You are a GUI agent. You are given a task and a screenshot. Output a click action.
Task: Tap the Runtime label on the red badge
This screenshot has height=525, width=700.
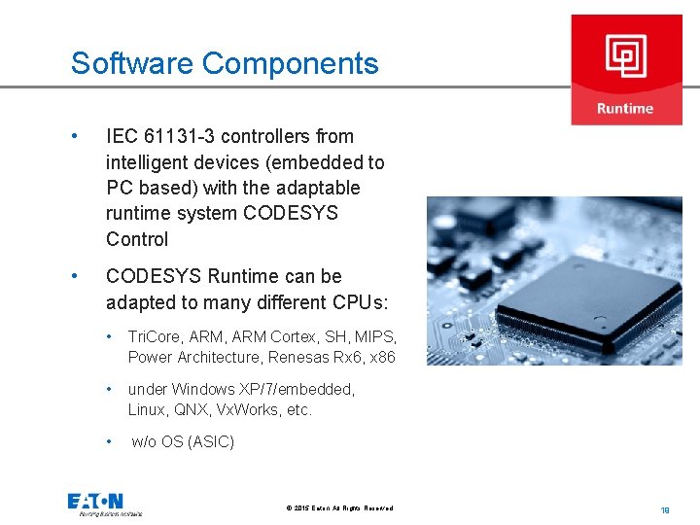pos(625,108)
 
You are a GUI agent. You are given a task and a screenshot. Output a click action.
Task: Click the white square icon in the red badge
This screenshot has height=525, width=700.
pos(625,56)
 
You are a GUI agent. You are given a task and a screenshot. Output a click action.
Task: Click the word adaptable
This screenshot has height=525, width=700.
pos(314,188)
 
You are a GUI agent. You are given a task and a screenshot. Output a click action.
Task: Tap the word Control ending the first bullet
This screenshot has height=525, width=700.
pos(137,239)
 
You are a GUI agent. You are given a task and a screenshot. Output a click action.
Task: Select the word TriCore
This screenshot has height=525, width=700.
pos(152,336)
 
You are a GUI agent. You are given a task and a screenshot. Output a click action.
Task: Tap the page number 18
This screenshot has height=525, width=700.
pos(665,508)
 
